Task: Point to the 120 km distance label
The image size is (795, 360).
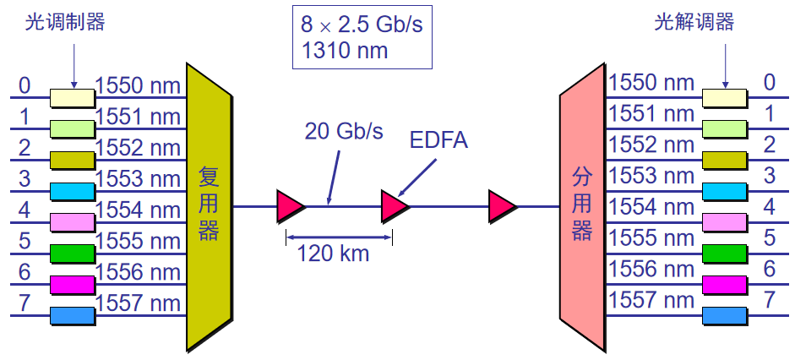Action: click(333, 254)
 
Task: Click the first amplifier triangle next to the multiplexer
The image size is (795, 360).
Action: click(290, 206)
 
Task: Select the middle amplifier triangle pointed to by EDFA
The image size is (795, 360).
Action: click(394, 206)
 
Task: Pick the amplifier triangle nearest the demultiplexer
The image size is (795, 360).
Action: click(502, 206)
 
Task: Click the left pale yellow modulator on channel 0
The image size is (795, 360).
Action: click(73, 98)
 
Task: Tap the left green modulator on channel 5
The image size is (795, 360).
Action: click(73, 253)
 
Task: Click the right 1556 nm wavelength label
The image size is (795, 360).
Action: click(651, 270)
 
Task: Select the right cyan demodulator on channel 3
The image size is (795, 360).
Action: click(725, 191)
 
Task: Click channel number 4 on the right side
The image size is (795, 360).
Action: click(769, 206)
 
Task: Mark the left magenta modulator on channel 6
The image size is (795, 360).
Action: click(73, 284)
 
